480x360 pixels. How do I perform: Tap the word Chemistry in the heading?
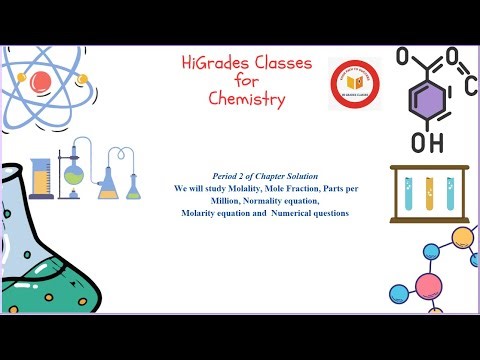(x=247, y=99)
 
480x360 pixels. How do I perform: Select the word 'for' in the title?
(x=246, y=81)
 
